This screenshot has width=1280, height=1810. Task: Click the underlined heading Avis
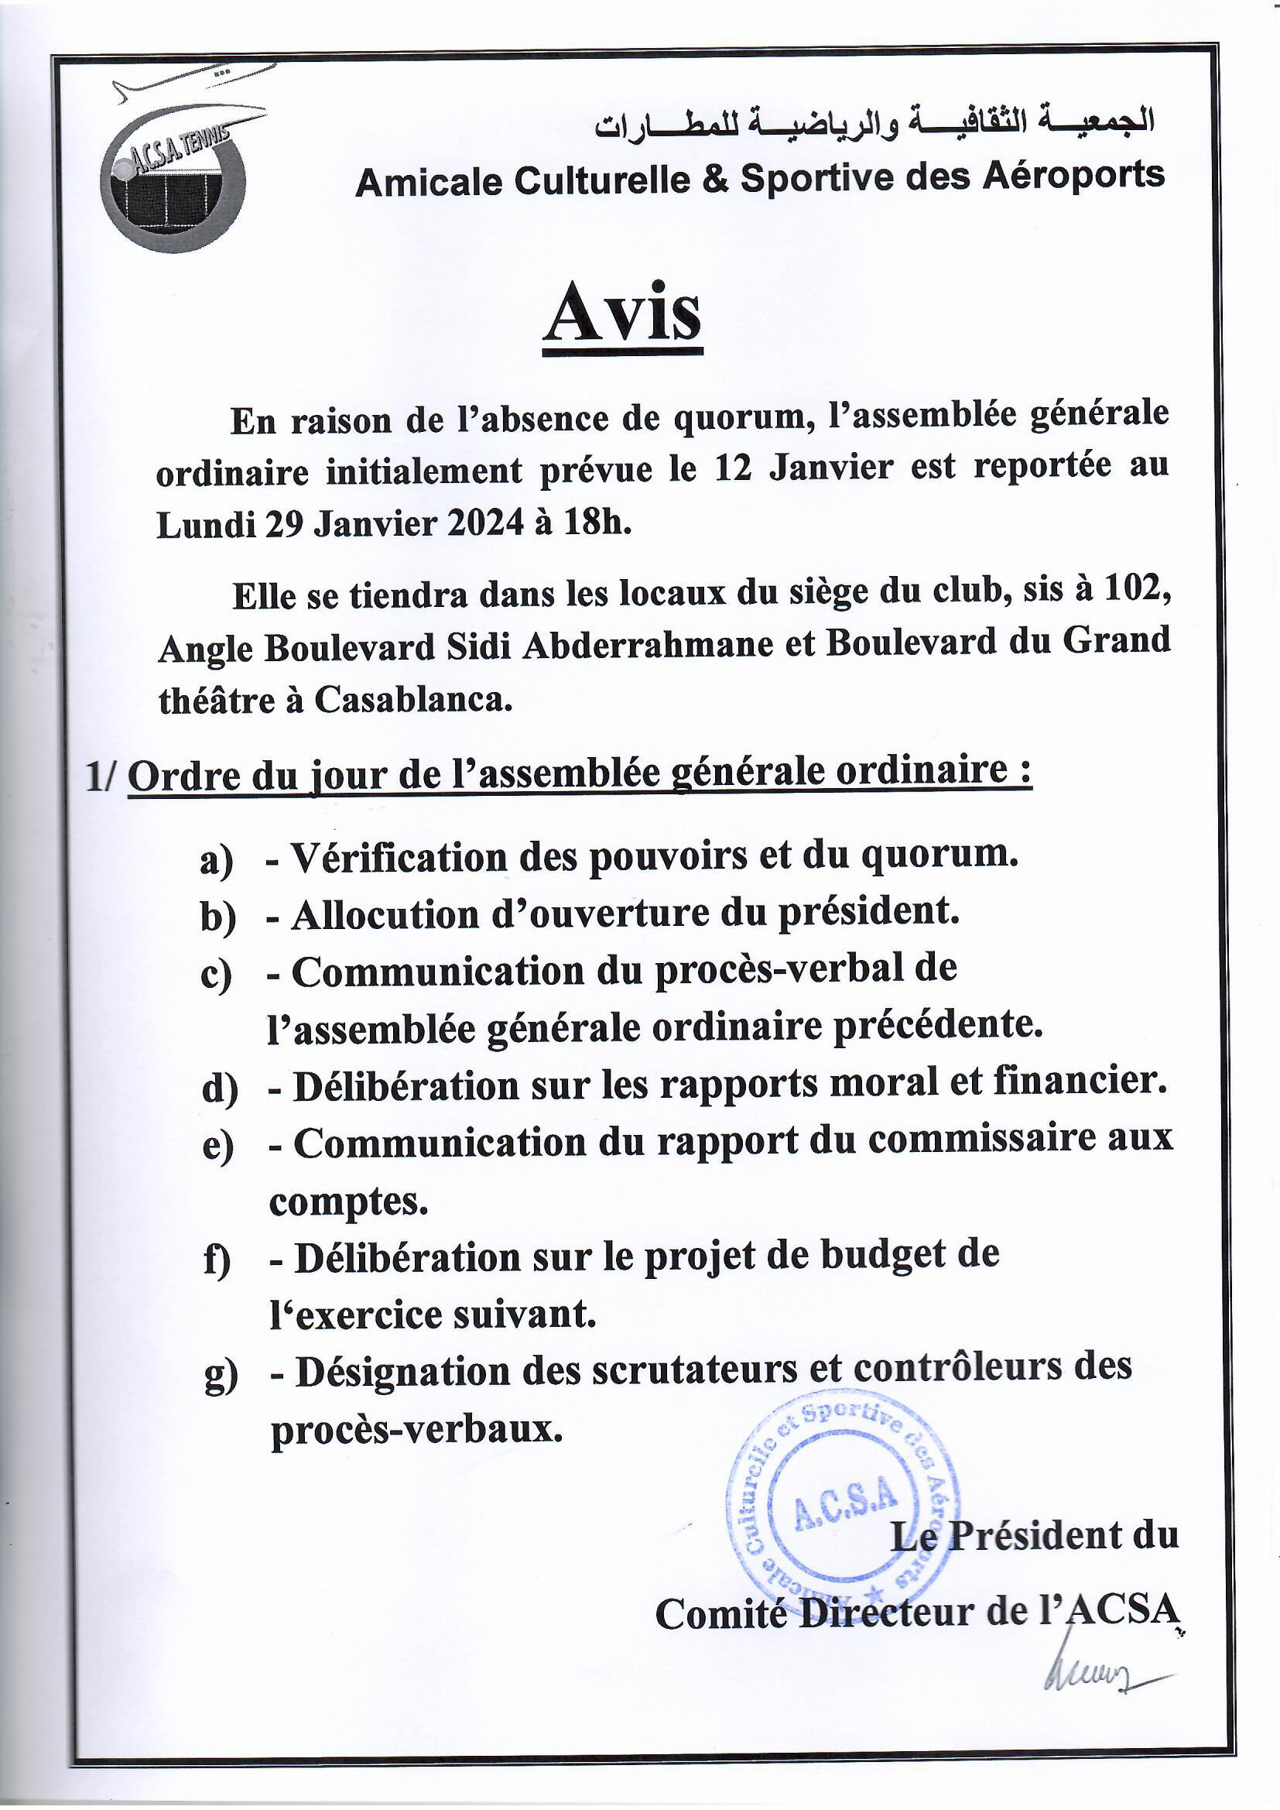point(622,314)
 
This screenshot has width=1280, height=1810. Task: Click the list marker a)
point(217,861)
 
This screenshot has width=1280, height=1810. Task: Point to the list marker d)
point(219,1089)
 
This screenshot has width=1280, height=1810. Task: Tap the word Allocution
point(385,915)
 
